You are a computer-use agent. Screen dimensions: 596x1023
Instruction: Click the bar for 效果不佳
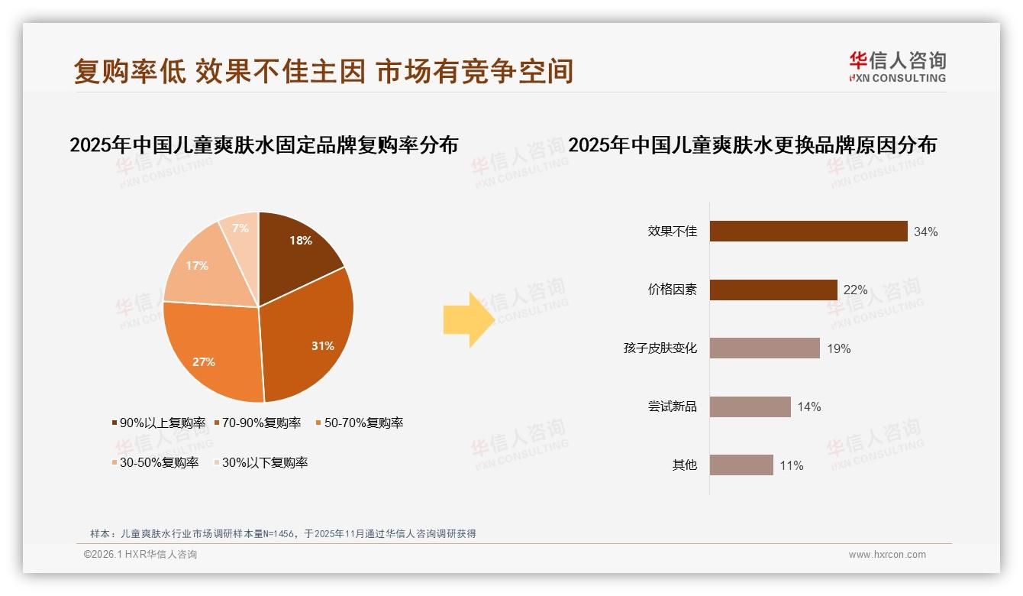pos(808,232)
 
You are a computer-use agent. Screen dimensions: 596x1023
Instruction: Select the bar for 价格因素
pos(773,290)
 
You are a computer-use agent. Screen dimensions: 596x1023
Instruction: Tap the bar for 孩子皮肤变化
pos(764,348)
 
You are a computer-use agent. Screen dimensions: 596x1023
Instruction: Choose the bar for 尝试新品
pos(750,407)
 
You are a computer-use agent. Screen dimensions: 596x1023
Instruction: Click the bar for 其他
pos(741,465)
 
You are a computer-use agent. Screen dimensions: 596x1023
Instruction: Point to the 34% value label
pos(925,232)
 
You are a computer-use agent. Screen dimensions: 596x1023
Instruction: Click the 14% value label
pos(808,407)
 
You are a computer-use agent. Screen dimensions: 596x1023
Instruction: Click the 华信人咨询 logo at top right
pos(897,67)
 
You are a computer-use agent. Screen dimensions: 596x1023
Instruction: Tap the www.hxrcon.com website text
pos(887,555)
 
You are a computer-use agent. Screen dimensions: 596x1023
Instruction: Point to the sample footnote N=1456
pos(282,533)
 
